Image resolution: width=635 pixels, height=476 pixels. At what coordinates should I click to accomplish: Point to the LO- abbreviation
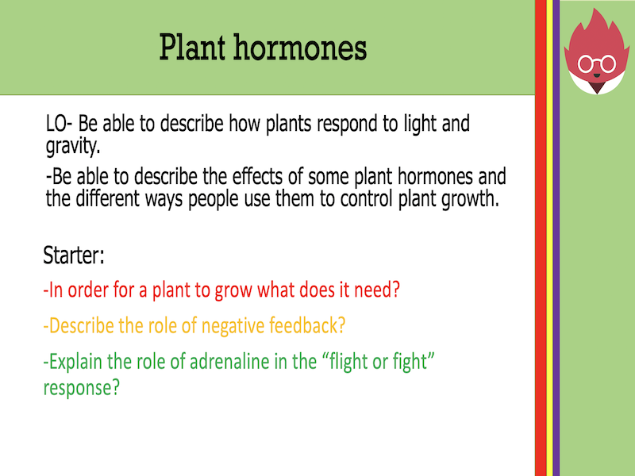[61, 124]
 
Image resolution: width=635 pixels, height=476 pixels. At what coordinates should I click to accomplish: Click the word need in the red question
[372, 290]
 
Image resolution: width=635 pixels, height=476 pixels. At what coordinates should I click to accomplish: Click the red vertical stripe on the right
[541, 238]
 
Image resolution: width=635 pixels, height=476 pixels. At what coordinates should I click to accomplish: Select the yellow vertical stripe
[549, 238]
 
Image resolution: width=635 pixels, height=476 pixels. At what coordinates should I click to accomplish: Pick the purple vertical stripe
[556, 238]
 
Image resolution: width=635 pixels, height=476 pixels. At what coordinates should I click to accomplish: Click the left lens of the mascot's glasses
[588, 63]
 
